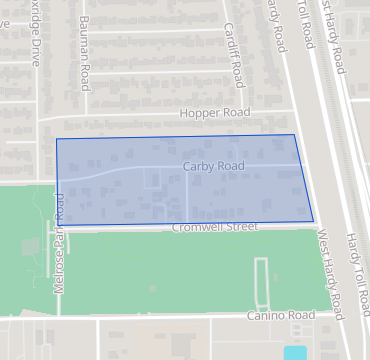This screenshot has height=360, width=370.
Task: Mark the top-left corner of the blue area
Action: [x=56, y=139]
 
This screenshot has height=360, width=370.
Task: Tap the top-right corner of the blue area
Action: [x=294, y=135]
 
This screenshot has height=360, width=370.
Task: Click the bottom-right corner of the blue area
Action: [x=313, y=221]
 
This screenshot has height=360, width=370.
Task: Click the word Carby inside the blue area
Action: [x=198, y=166]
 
